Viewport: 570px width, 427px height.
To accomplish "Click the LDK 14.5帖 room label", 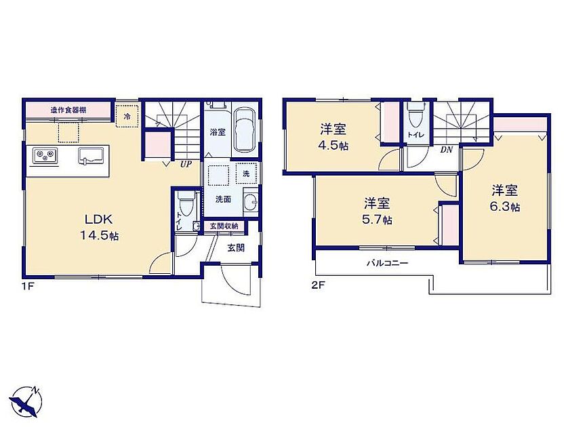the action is click(x=99, y=227).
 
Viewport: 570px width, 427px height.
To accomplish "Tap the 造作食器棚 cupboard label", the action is click(x=68, y=110).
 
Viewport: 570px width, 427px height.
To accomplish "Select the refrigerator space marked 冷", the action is click(x=127, y=117).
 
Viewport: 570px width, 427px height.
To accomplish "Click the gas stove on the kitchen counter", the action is click(x=45, y=155).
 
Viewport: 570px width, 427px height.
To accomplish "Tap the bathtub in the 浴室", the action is click(x=245, y=129).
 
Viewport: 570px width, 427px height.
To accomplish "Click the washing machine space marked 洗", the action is click(x=246, y=174).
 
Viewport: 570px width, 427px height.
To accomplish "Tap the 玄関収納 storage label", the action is click(x=224, y=226).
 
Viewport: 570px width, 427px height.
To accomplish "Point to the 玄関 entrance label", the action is click(x=236, y=248).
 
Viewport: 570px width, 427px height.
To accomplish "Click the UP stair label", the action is click(x=186, y=164).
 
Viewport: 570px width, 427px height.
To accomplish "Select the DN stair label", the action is click(x=446, y=149).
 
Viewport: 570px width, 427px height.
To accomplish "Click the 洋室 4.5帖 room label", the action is click(x=333, y=138).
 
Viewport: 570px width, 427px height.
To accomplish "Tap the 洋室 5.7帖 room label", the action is click(x=377, y=211).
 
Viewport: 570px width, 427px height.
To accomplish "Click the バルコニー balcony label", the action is click(x=387, y=262).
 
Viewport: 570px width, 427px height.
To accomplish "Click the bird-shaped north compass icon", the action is click(x=26, y=403).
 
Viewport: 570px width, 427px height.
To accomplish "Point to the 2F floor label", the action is click(x=317, y=285).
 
